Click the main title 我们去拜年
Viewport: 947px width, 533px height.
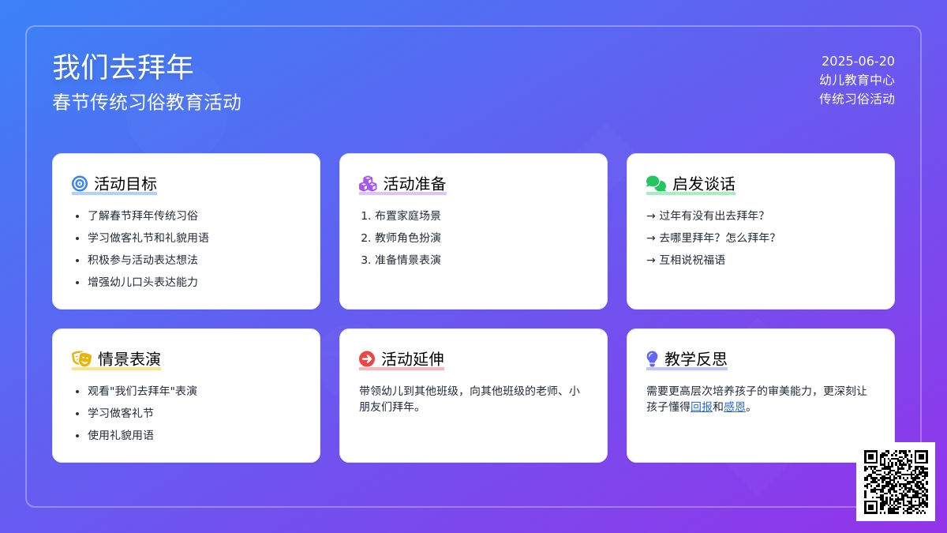click(122, 67)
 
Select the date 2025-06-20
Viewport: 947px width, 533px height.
click(858, 62)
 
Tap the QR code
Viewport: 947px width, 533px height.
click(896, 482)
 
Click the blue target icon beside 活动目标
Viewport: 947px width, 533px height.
click(80, 183)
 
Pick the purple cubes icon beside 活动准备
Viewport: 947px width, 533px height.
click(368, 183)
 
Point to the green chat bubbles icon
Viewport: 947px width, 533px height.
click(656, 183)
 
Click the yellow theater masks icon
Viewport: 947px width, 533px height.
click(81, 358)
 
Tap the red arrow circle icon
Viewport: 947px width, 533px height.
click(367, 358)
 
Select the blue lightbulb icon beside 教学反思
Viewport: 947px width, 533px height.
click(653, 358)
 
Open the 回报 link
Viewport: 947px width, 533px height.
click(702, 407)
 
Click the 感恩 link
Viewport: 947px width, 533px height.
click(735, 407)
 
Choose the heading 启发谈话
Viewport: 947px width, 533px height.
click(703, 184)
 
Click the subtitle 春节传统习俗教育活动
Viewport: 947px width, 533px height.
click(147, 103)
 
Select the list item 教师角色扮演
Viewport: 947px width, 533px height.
click(407, 238)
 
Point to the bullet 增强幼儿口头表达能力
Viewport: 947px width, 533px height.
click(143, 282)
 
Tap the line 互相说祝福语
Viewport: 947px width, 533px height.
click(692, 260)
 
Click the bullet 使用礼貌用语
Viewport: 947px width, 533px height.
click(121, 435)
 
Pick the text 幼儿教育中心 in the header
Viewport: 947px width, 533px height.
click(857, 80)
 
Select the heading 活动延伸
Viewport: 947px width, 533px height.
click(413, 359)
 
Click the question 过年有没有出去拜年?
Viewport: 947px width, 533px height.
click(712, 216)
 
